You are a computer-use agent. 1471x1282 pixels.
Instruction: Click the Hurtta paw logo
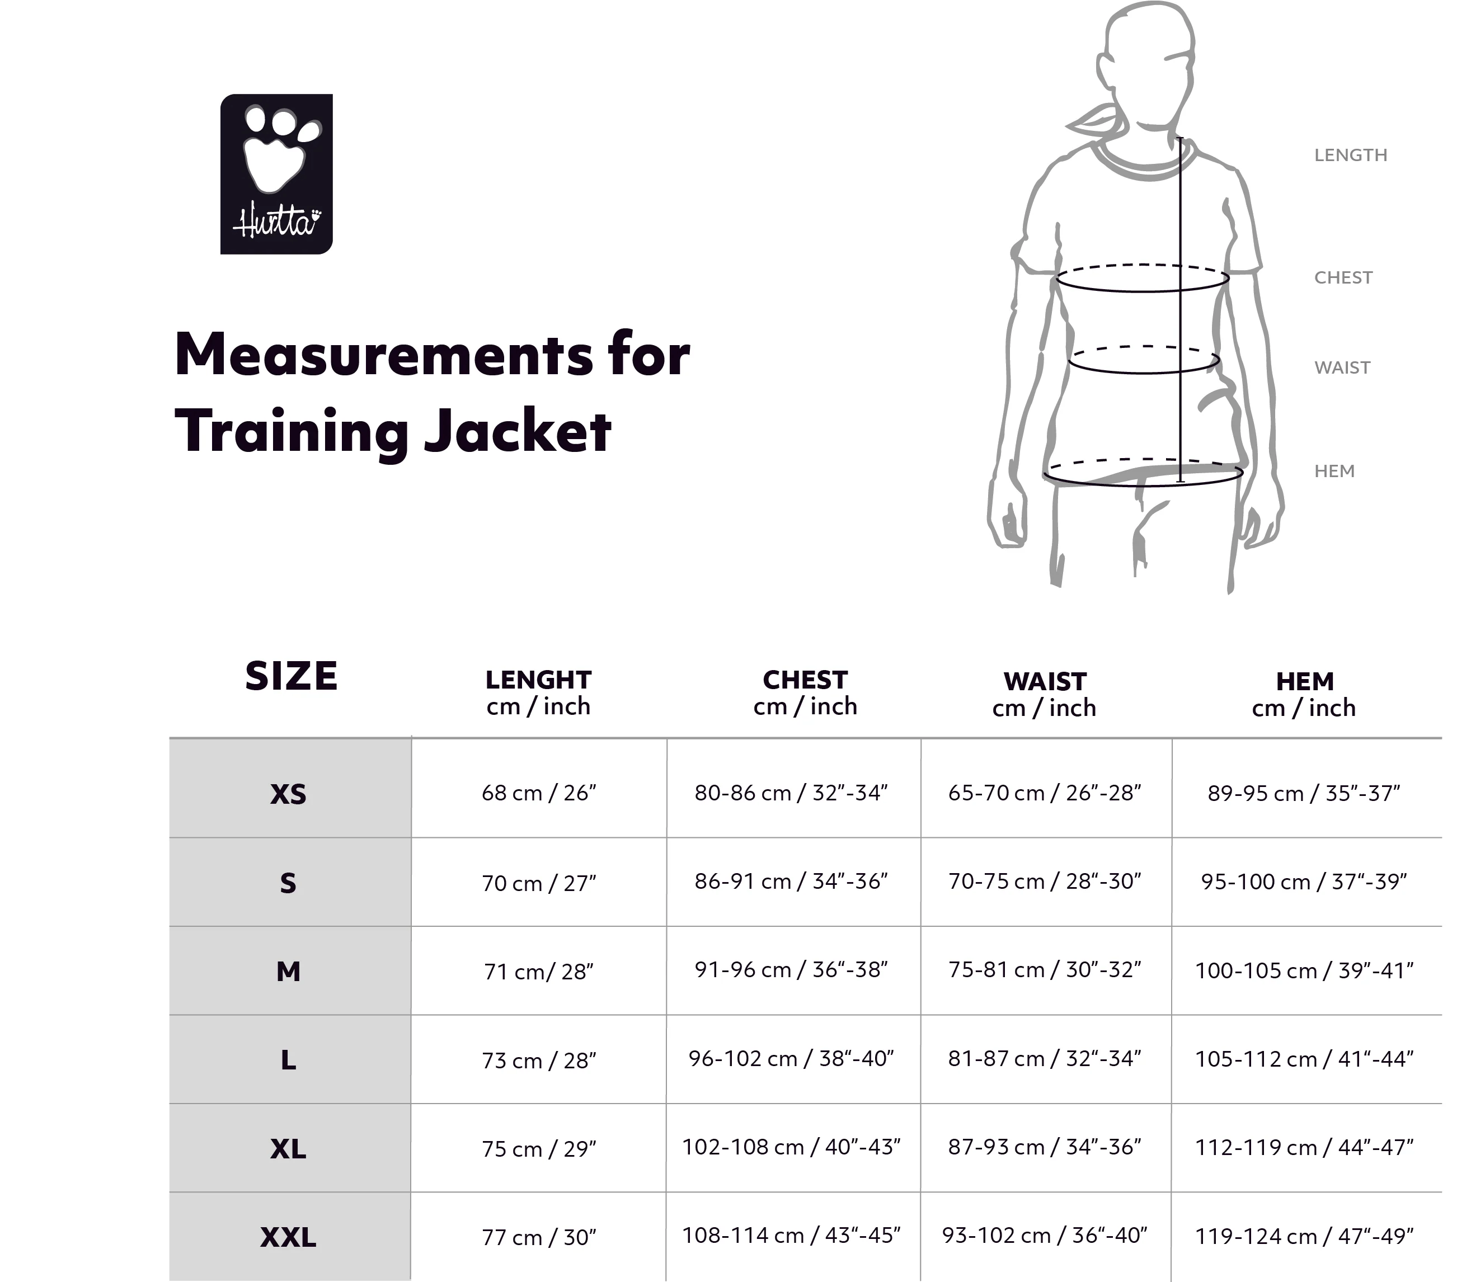(x=276, y=174)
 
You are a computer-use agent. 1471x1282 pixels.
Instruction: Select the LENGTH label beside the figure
(x=1350, y=155)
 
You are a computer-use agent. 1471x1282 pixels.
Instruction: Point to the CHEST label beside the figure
(x=1343, y=277)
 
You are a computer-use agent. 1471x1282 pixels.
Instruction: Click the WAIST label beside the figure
(x=1342, y=367)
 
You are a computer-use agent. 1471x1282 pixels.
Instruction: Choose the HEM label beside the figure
(x=1334, y=471)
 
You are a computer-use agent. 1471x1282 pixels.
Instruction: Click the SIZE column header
(x=290, y=676)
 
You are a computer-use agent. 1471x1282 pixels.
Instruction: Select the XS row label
(x=288, y=794)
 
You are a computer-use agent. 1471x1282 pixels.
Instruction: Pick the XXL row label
(x=288, y=1237)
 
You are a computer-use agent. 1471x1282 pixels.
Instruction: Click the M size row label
(x=288, y=972)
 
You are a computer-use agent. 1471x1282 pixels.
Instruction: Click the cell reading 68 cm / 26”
(x=539, y=793)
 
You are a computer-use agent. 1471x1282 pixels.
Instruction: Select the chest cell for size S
(x=791, y=882)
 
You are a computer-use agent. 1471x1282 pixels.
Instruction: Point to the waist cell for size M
(x=1045, y=969)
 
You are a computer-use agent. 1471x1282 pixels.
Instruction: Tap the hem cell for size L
(x=1304, y=1059)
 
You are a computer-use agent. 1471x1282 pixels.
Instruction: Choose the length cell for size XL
(x=539, y=1149)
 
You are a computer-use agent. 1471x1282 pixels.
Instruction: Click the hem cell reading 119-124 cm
(x=1304, y=1236)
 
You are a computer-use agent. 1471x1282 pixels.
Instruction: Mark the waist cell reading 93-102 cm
(x=1045, y=1236)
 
